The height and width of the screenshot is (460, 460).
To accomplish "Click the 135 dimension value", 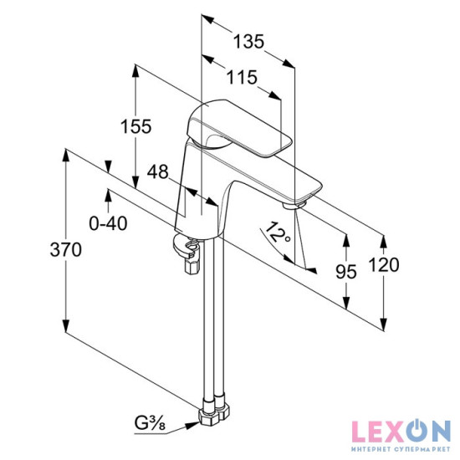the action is [248, 41].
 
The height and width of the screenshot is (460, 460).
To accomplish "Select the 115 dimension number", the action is [243, 78].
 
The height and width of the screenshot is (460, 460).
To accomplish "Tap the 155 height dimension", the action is [136, 126].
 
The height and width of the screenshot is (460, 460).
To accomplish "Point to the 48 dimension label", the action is [158, 171].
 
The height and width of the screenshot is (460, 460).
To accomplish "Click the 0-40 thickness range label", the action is [108, 223].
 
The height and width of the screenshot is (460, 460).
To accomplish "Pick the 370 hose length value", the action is [66, 250].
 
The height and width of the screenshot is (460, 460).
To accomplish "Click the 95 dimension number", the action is [346, 272].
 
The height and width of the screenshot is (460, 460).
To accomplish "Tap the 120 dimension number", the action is [384, 264].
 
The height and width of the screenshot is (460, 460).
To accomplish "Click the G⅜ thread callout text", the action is [150, 423].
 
